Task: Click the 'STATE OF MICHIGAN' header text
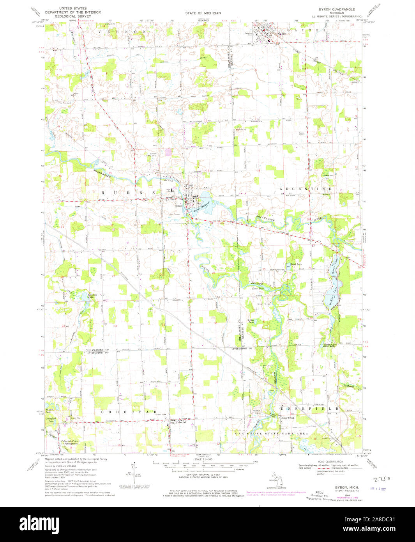[203, 13]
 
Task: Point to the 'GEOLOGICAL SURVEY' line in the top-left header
[73, 17]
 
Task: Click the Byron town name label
[178, 206]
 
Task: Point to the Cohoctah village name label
[181, 422]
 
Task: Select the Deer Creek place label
[288, 417]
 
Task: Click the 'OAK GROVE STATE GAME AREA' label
[271, 433]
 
